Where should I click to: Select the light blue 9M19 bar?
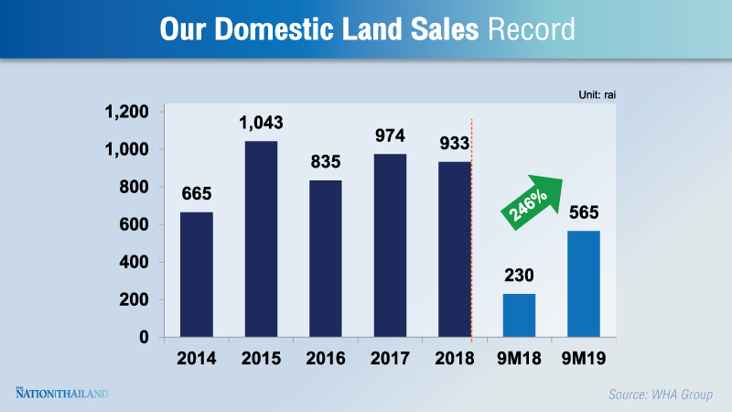tap(583, 284)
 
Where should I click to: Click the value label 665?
tap(197, 194)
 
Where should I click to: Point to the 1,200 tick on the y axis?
tap(127, 112)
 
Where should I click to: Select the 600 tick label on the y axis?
tap(135, 224)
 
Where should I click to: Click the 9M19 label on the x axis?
tap(583, 358)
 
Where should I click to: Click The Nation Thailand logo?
tap(62, 394)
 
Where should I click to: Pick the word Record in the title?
tap(532, 28)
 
